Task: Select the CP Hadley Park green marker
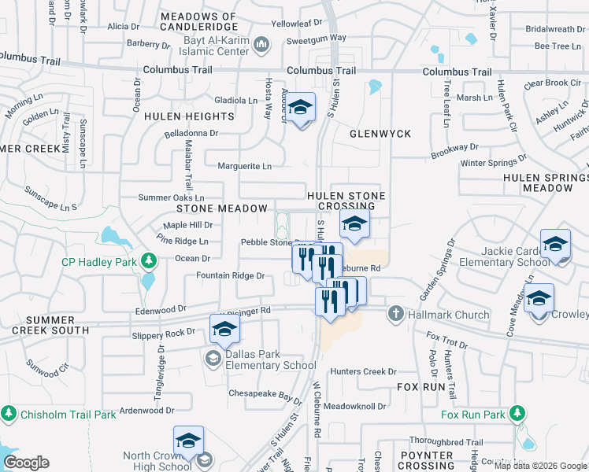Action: [x=147, y=260]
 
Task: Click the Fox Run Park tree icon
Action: [x=517, y=414]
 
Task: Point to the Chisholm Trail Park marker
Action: [x=9, y=413]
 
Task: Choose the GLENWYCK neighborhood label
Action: [x=380, y=134]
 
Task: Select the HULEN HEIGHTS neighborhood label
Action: [x=189, y=116]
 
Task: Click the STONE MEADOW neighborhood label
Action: [x=222, y=208]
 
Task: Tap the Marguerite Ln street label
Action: [x=245, y=166]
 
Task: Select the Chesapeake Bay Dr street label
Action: [x=265, y=393]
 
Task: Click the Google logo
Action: [x=26, y=463]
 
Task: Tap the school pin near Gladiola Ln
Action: [x=300, y=107]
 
